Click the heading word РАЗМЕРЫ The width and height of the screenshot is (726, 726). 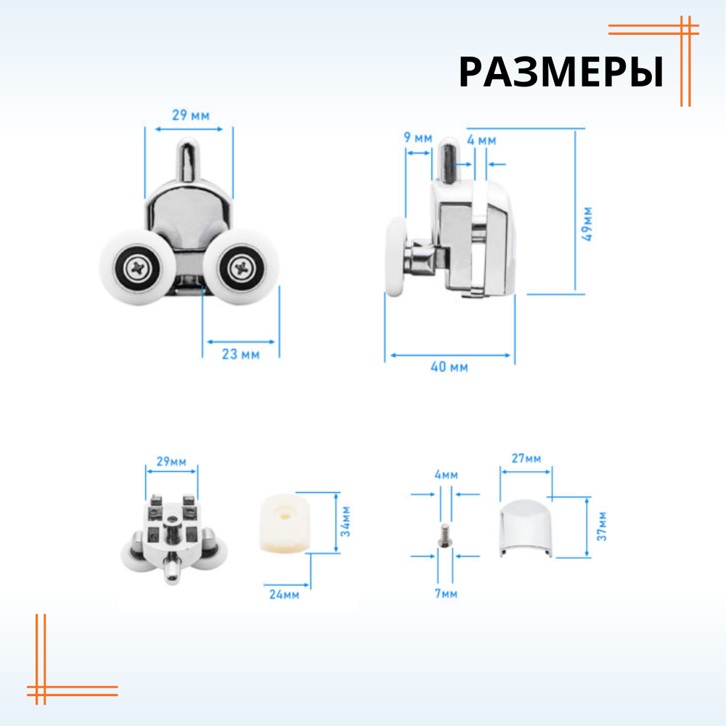(x=560, y=73)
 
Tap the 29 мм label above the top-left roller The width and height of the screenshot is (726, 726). (x=189, y=115)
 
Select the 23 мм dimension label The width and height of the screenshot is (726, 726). (x=240, y=354)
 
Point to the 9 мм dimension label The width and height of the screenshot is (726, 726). (x=418, y=137)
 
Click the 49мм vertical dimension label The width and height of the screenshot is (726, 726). (x=587, y=224)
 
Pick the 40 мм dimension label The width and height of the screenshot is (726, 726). (x=449, y=367)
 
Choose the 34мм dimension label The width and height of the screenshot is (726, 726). (x=346, y=523)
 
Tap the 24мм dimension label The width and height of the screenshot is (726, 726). (x=284, y=594)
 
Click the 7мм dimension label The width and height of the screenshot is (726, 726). (x=446, y=594)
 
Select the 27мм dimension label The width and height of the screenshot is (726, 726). (x=526, y=458)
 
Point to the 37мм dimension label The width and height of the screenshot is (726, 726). (x=602, y=526)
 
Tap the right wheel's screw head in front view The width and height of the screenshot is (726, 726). (x=240, y=269)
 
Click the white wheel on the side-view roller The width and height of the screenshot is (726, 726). (x=395, y=258)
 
